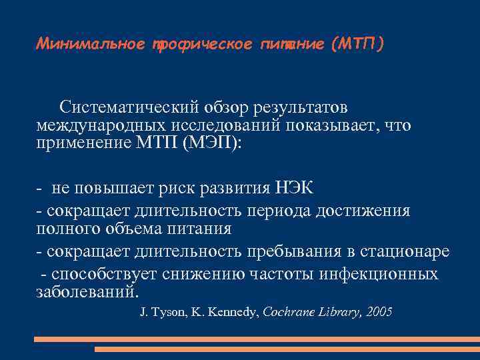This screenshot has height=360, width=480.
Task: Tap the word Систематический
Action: coord(127,107)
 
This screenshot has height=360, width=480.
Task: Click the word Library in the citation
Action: coord(339,311)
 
